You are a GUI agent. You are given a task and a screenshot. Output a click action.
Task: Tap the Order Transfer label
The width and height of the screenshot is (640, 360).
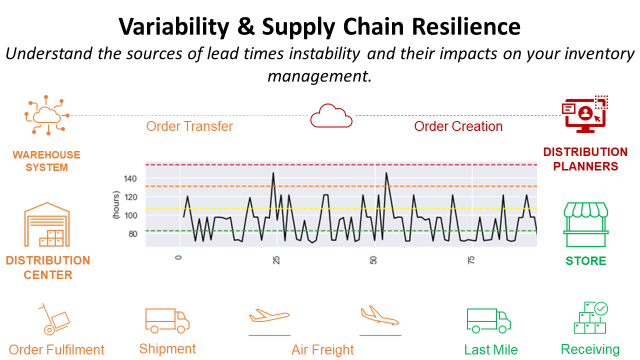point(189,127)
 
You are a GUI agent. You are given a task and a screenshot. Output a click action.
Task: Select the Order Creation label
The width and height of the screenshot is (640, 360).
point(459,127)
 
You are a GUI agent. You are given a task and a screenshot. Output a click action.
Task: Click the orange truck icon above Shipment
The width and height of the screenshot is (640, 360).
point(167,320)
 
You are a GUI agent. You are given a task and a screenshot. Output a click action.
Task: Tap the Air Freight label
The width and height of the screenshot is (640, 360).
point(322,350)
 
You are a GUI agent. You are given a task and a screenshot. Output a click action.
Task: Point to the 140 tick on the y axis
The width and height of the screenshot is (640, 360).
point(130,179)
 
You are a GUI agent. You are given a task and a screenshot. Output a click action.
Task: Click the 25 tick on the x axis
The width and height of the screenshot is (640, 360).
point(276,258)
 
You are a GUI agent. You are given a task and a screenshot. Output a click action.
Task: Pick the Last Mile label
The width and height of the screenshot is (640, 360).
point(490,350)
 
